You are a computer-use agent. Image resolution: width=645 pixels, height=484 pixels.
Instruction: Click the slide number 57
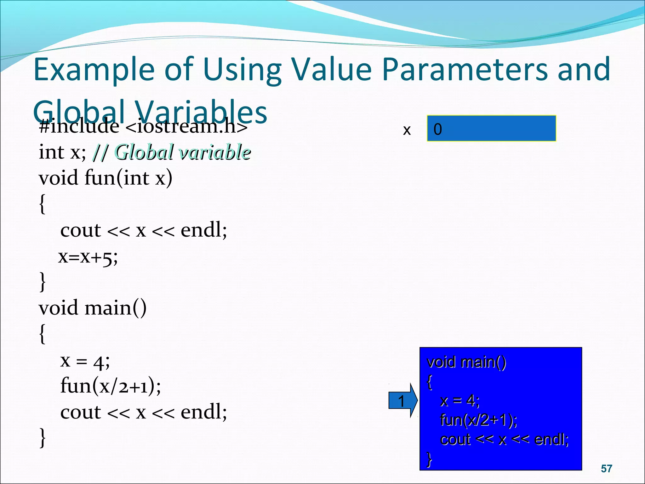(606, 469)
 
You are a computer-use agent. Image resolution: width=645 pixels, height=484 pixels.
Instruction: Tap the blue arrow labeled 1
(402, 401)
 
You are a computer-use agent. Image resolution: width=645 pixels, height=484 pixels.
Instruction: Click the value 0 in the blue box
(438, 129)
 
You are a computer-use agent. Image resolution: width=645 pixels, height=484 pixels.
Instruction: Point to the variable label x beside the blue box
(407, 130)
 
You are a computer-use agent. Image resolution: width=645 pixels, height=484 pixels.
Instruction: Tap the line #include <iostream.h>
(143, 127)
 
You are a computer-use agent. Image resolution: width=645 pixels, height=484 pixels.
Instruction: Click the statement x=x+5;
(88, 257)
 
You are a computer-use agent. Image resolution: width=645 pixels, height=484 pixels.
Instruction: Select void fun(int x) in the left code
(106, 178)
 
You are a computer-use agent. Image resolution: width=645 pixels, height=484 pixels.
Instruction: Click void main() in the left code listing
(93, 308)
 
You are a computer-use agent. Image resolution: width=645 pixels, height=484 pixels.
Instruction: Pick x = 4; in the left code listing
(85, 361)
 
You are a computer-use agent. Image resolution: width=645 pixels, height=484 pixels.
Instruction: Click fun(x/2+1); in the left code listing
(110, 386)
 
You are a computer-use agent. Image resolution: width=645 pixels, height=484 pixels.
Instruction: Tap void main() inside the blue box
(466, 362)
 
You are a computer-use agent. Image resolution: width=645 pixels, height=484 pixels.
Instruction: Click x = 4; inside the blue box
(460, 401)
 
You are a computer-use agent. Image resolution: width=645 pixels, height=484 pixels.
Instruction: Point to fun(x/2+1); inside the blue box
(478, 420)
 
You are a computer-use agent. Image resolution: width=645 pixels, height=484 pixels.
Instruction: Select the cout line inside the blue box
(504, 439)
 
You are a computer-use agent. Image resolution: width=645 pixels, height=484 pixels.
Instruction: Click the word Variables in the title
(202, 112)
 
